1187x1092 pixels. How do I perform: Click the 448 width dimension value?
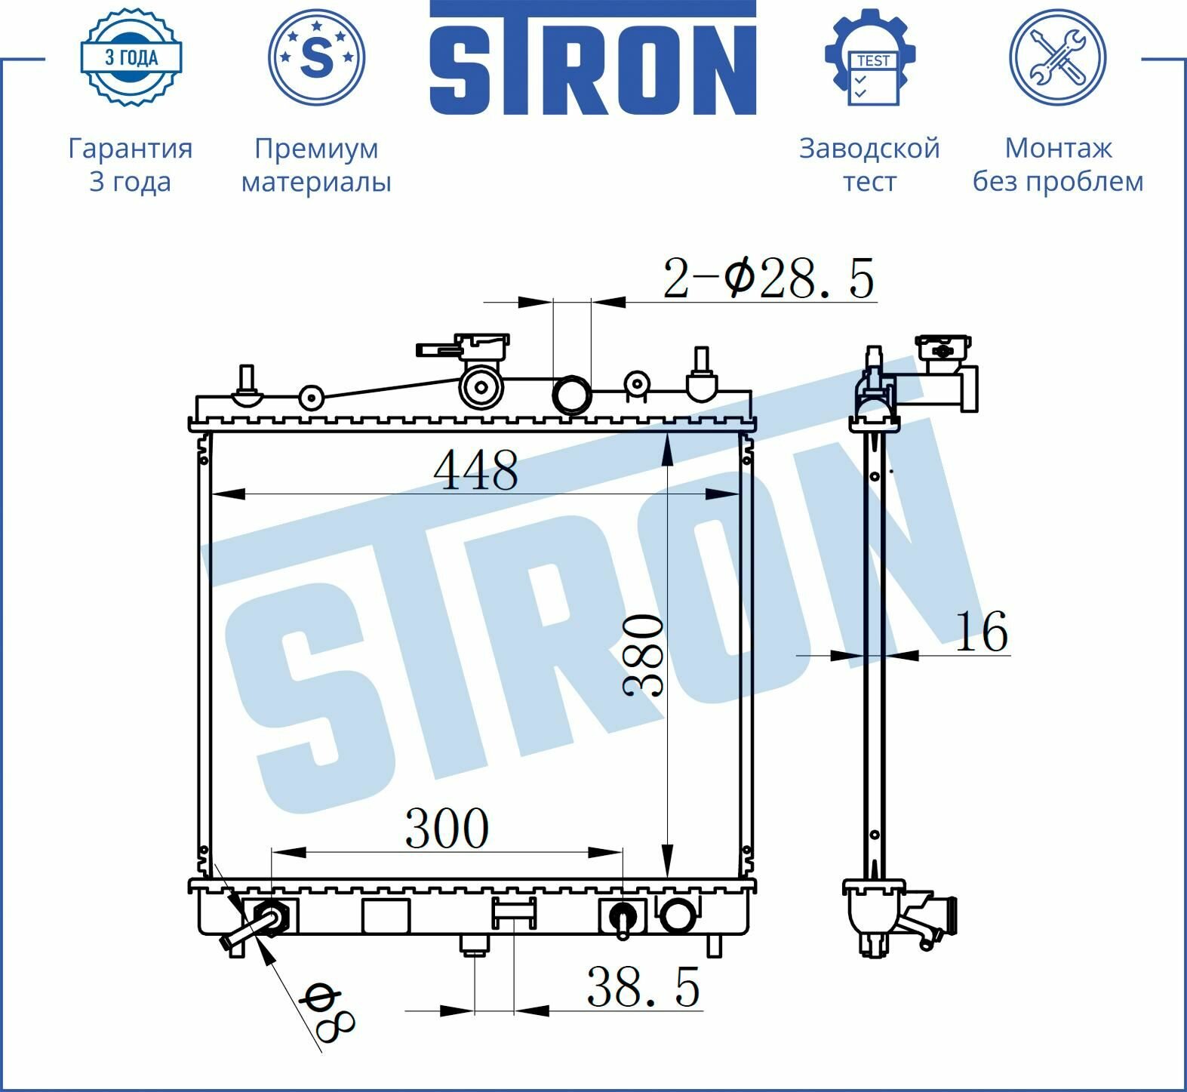point(476,469)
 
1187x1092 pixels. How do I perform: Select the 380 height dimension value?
point(644,654)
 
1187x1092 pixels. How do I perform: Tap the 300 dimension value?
point(447,828)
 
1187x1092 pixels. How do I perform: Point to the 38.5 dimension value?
point(643,986)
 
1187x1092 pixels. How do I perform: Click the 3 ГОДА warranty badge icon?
point(131,57)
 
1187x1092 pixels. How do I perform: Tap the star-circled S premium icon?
point(317,57)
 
